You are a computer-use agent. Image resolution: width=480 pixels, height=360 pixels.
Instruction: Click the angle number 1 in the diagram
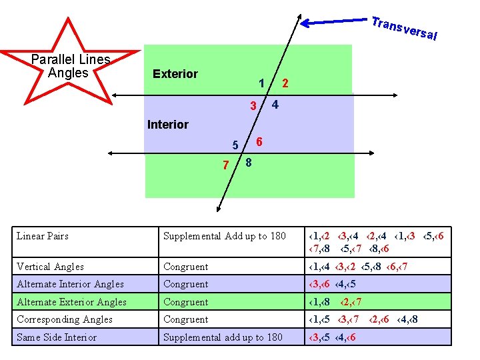(x=262, y=83)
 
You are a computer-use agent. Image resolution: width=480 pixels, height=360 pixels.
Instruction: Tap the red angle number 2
(x=285, y=83)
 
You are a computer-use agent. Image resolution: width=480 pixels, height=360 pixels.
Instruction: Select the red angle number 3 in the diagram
(x=253, y=107)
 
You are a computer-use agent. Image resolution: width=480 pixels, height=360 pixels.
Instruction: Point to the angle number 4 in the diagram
(x=275, y=105)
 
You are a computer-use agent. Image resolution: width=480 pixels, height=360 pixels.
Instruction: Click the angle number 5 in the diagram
(x=235, y=145)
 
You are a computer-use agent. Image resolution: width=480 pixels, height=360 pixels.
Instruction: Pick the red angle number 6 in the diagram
(x=259, y=142)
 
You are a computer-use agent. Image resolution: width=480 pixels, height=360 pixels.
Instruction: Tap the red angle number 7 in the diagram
(x=226, y=165)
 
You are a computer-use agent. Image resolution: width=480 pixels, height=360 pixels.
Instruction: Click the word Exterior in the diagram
(x=175, y=74)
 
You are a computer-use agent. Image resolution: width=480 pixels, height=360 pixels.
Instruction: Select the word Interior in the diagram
(x=167, y=125)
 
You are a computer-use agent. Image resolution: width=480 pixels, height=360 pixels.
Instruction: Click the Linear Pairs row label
(x=43, y=236)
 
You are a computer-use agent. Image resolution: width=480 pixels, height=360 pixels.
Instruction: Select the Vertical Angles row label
(x=50, y=267)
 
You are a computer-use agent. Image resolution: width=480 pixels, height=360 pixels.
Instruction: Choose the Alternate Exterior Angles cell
(x=71, y=302)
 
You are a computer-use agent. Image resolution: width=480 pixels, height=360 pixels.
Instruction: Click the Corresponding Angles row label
(x=64, y=319)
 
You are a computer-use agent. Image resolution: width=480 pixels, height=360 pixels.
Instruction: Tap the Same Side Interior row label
(x=57, y=337)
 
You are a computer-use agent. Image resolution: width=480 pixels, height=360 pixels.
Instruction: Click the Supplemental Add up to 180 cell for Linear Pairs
(x=225, y=236)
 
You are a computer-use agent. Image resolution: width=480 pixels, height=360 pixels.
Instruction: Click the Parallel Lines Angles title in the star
(x=70, y=65)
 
